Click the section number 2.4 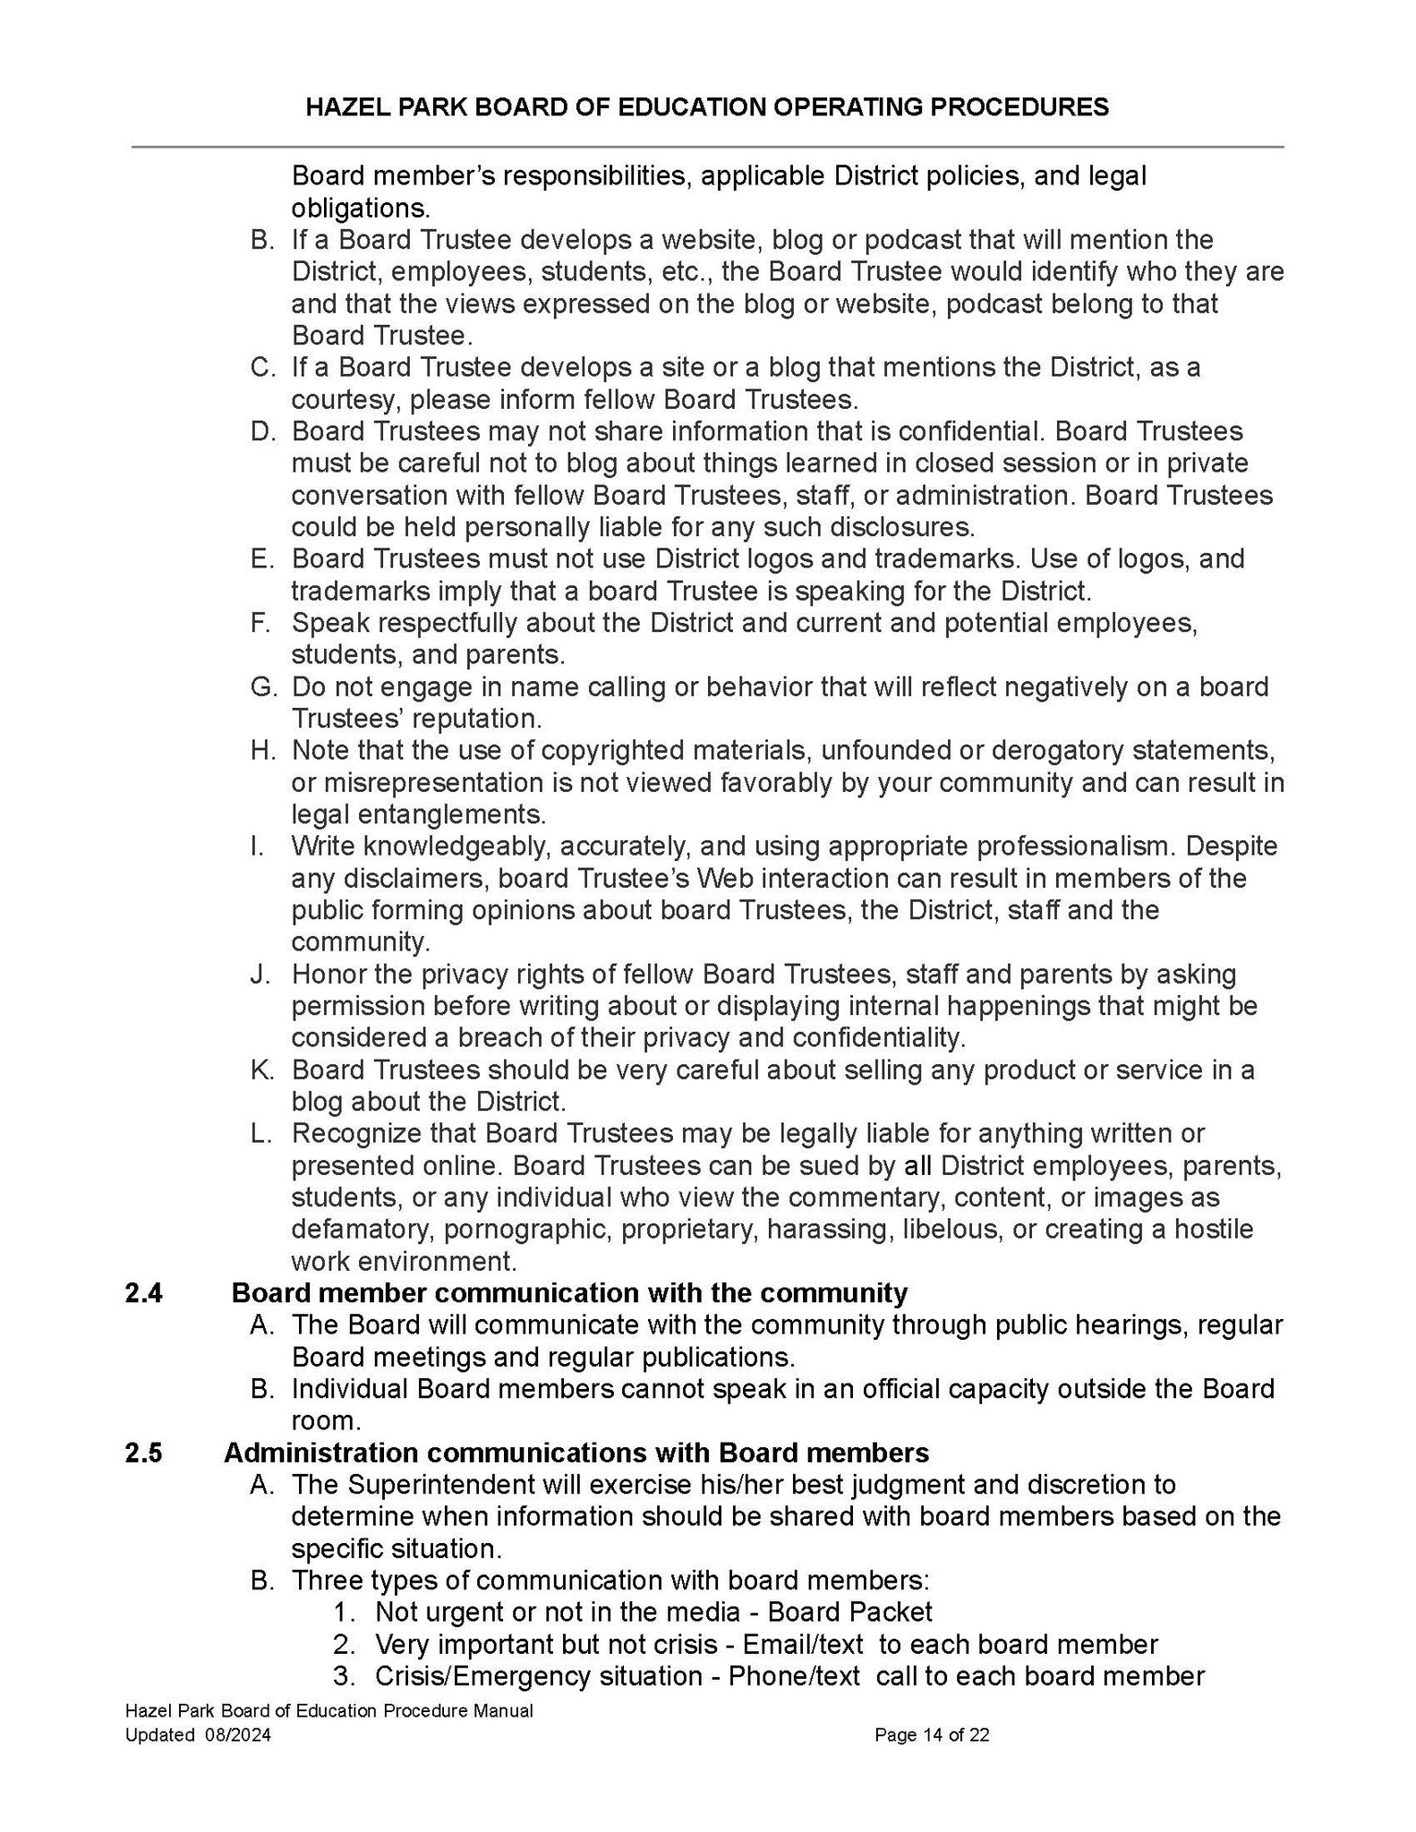tap(143, 1293)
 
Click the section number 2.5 tap(143, 1453)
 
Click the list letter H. tap(262, 750)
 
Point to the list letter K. tap(262, 1069)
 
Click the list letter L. tap(261, 1133)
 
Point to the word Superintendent tap(439, 1485)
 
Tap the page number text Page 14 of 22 tap(932, 1735)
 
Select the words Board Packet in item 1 tap(850, 1612)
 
